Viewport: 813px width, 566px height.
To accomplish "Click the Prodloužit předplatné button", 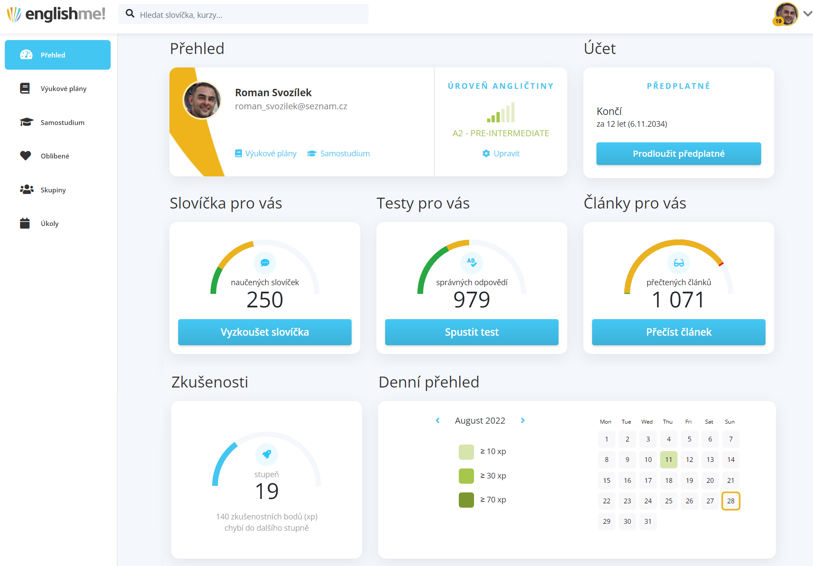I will click(x=678, y=154).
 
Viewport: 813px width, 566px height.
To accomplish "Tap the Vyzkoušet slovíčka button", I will click(x=264, y=332).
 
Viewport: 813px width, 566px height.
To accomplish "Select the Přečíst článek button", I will click(x=678, y=332).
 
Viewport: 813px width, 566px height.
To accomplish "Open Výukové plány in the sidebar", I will click(x=63, y=89).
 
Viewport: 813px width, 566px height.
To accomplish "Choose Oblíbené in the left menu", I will click(x=55, y=156).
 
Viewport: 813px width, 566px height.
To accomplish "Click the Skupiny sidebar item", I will click(x=53, y=190).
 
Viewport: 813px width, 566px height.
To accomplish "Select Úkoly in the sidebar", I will click(x=49, y=224).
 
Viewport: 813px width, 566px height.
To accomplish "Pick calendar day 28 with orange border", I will click(x=731, y=501).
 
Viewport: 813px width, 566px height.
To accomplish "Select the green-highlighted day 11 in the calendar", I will click(x=668, y=460).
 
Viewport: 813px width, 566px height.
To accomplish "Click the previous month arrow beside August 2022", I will click(x=438, y=421).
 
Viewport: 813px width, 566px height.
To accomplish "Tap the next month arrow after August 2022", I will click(x=523, y=421).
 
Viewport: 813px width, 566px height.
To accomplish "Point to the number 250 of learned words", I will click(x=264, y=300).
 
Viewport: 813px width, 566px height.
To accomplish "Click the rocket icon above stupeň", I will click(x=267, y=454).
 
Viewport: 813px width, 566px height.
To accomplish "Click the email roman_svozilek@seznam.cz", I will click(x=291, y=107).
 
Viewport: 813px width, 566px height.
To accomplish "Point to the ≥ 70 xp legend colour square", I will click(x=466, y=500).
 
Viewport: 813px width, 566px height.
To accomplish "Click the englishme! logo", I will click(x=57, y=14).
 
